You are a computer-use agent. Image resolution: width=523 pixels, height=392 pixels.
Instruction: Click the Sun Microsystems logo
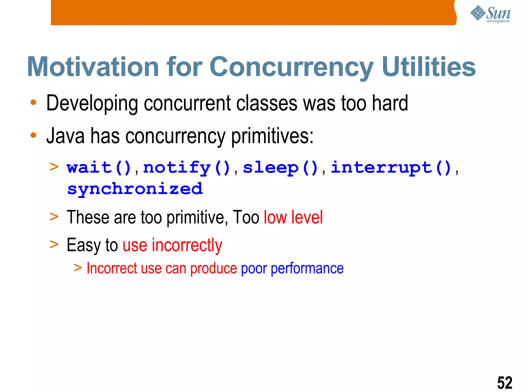click(x=490, y=14)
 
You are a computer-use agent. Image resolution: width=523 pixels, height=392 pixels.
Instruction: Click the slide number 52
click(x=505, y=383)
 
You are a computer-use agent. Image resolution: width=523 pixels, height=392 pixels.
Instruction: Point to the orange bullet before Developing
click(x=33, y=103)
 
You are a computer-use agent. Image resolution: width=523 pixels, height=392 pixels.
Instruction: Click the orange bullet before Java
click(x=33, y=135)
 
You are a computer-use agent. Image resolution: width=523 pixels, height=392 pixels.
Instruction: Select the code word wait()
click(x=99, y=168)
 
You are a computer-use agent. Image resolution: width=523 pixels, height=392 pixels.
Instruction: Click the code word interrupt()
click(x=391, y=168)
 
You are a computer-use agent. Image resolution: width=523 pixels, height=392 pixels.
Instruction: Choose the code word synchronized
click(x=135, y=189)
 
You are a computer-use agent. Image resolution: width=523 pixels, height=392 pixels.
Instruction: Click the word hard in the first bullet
click(x=390, y=103)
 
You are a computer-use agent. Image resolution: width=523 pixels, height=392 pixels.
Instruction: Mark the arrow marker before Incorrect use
click(x=78, y=268)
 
